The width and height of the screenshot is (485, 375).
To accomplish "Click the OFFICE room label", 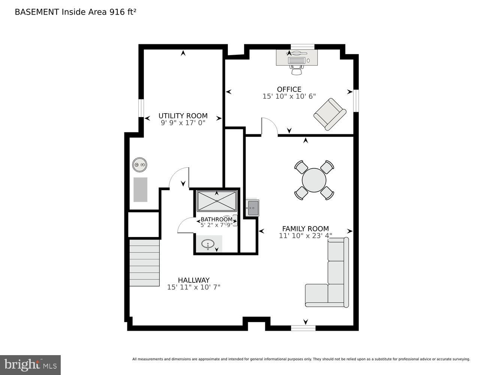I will pyautogui.click(x=289, y=89).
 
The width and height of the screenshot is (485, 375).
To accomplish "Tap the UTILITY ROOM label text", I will pyautogui.click(x=183, y=116).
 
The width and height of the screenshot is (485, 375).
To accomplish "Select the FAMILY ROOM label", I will pyautogui.click(x=305, y=229).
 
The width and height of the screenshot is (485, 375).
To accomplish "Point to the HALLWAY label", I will pyautogui.click(x=193, y=280).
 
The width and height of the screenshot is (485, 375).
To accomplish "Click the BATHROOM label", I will pyautogui.click(x=216, y=219).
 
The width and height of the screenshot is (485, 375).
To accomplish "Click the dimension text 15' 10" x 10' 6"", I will pyautogui.click(x=289, y=96).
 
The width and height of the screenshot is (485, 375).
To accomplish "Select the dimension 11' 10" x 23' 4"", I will pyautogui.click(x=305, y=236).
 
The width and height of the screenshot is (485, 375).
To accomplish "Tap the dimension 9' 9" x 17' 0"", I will pyautogui.click(x=183, y=123).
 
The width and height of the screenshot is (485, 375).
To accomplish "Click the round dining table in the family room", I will pyautogui.click(x=314, y=180).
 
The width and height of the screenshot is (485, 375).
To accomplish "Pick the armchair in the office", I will pyautogui.click(x=329, y=114).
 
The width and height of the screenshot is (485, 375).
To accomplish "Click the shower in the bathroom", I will pyautogui.click(x=217, y=201).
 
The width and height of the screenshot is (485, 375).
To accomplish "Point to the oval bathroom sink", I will pyautogui.click(x=208, y=244).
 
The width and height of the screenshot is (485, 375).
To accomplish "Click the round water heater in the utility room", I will pyautogui.click(x=139, y=165).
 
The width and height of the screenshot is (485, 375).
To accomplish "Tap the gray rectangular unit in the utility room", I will pyautogui.click(x=141, y=189).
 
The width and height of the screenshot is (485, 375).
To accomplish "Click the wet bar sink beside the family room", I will pyautogui.click(x=252, y=208).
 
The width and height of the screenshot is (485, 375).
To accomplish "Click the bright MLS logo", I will pyautogui.click(x=30, y=364).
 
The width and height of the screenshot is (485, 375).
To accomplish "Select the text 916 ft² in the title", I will pyautogui.click(x=123, y=12).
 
